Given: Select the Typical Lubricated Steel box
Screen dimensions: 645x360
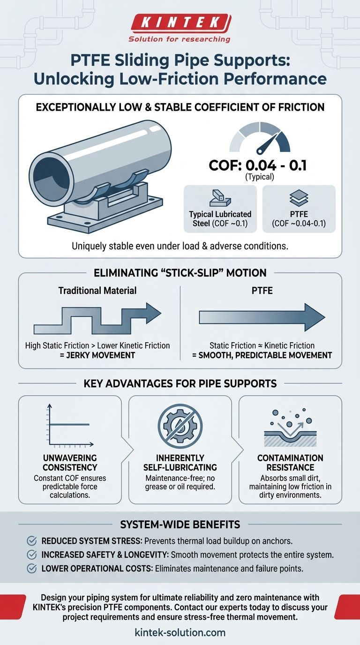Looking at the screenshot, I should pyautogui.click(x=220, y=209).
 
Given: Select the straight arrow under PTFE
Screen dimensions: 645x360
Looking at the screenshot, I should pyautogui.click(x=262, y=317).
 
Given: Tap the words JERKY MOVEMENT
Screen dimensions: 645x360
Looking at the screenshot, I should pyautogui.click(x=97, y=355).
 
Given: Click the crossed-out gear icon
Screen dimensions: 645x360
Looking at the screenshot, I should pyautogui.click(x=180, y=426).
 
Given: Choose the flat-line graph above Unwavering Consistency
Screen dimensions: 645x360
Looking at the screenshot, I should pyautogui.click(x=68, y=426).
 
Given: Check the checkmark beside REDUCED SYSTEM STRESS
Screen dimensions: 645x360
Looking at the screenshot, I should pyautogui.click(x=32, y=540).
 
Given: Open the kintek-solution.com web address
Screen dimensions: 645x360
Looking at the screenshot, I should pyautogui.click(x=180, y=632).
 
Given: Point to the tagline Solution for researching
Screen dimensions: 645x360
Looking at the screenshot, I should pyautogui.click(x=180, y=39).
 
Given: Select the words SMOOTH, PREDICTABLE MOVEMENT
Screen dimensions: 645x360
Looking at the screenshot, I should pyautogui.click(x=262, y=355).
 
